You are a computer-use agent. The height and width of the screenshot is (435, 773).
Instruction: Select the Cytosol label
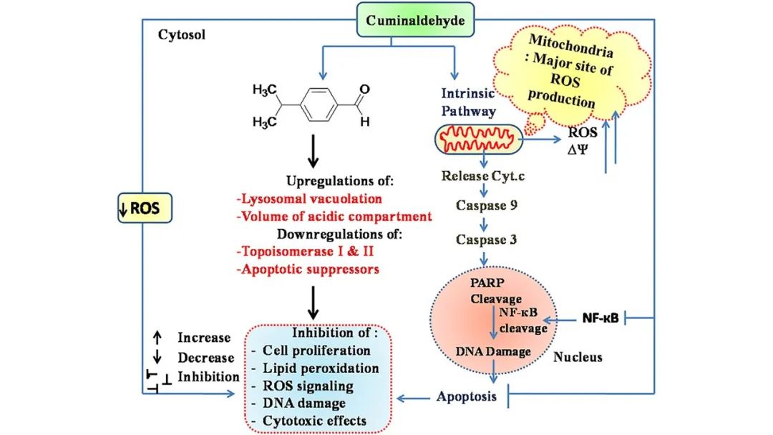tap(181, 34)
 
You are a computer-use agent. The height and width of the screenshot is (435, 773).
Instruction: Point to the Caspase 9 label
tap(487, 205)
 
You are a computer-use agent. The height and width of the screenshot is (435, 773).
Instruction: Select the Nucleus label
tap(578, 357)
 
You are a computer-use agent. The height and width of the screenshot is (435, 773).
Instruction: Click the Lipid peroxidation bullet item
tap(321, 368)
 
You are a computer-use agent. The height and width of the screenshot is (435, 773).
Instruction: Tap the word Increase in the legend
tap(205, 338)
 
